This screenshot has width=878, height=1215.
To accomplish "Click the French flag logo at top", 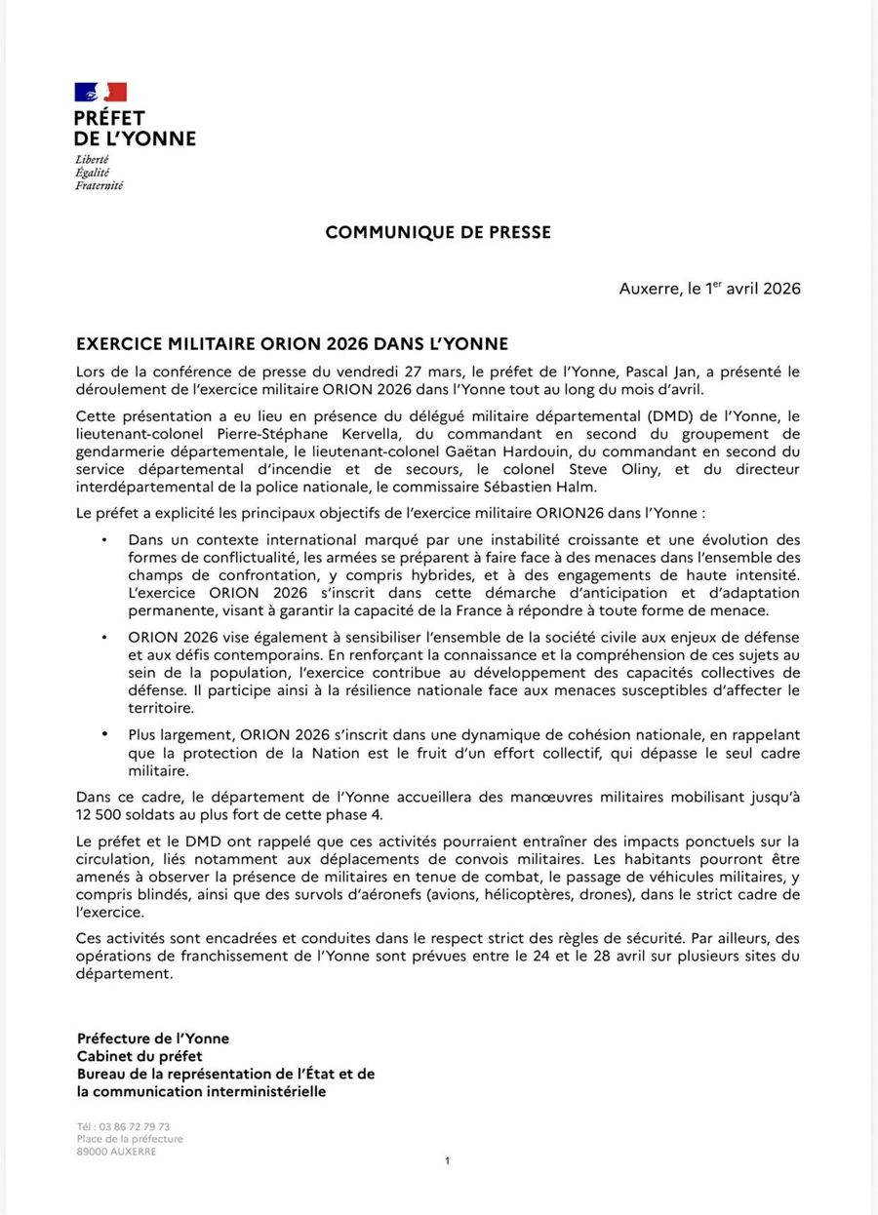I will tap(100, 93).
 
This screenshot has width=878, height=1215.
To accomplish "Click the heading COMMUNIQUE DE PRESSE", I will tap(438, 232).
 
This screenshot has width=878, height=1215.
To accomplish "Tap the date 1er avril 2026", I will tap(752, 289).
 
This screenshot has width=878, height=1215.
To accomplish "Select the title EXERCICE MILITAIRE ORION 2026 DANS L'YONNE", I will tap(293, 345).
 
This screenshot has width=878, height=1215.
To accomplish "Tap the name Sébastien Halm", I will tap(543, 488).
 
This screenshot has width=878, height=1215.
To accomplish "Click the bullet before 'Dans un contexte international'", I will tap(104, 539).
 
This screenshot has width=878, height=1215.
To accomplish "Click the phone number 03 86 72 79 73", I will tap(133, 1126).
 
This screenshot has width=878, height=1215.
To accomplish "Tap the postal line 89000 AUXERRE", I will tap(116, 1152).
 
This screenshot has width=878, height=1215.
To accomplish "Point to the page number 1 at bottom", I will tap(447, 1160).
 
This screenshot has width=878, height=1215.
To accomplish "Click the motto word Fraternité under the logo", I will tap(100, 185).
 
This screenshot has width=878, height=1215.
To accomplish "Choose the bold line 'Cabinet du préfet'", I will tap(140, 1056).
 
